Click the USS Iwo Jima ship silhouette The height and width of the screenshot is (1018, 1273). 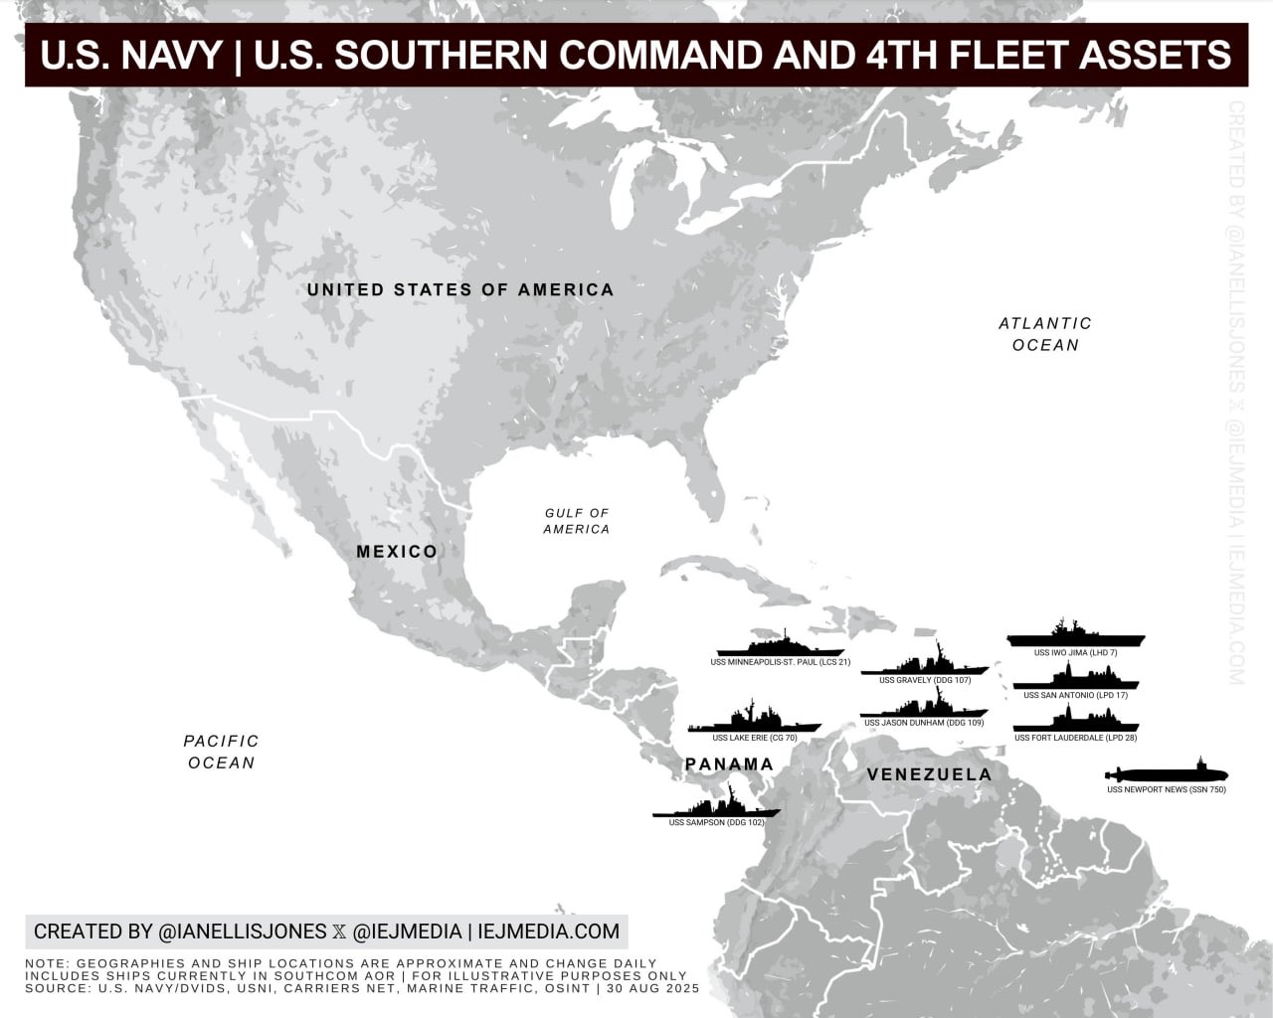click(x=1075, y=636)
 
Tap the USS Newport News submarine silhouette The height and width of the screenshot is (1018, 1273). click(x=1168, y=773)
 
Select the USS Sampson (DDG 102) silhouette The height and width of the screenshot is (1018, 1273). click(x=716, y=807)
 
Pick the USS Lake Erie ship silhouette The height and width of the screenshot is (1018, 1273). click(x=754, y=723)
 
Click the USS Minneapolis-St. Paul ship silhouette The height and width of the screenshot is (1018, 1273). click(x=780, y=645)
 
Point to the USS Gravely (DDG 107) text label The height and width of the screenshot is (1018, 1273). click(x=925, y=681)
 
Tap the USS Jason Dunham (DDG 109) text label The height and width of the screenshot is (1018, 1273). click(x=924, y=723)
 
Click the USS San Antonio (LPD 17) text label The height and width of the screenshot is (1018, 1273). click(x=1075, y=696)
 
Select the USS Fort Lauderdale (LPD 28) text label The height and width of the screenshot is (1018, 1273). click(x=1075, y=739)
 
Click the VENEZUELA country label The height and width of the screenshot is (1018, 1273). click(x=929, y=774)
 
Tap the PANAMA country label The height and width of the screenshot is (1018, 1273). click(x=729, y=764)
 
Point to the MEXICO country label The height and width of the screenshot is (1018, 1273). click(x=397, y=552)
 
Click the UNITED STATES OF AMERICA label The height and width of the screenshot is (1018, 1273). click(x=460, y=290)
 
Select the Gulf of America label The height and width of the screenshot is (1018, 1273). click(x=577, y=521)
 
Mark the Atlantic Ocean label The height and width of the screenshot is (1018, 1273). click(x=1045, y=334)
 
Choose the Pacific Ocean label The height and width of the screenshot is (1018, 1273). click(x=221, y=752)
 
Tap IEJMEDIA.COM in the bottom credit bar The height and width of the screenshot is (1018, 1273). click(x=548, y=932)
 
